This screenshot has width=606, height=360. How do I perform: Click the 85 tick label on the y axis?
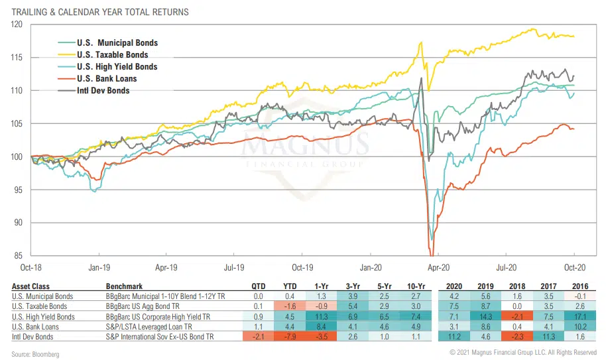pyautogui.click(x=19, y=255)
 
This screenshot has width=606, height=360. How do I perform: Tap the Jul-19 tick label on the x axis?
pyautogui.click(x=234, y=269)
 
